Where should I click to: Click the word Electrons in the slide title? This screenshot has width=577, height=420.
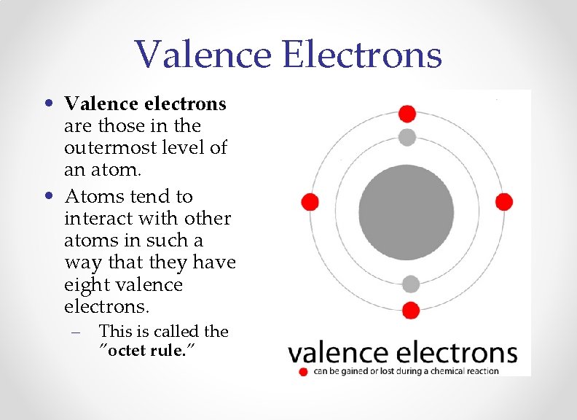[x=363, y=55]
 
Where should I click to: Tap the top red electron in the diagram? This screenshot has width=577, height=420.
[x=407, y=114]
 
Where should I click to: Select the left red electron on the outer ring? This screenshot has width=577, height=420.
[x=310, y=202]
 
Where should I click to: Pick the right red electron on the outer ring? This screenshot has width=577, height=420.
[x=504, y=202]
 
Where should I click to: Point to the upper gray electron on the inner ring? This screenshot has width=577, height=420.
[x=407, y=137]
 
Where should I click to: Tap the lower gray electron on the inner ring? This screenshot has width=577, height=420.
[x=411, y=284]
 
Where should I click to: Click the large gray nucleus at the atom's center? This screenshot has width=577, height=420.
[x=407, y=202]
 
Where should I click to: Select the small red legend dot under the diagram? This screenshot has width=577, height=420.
[x=303, y=371]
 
